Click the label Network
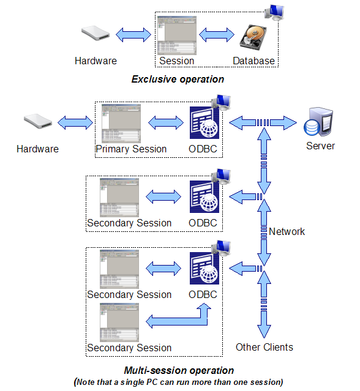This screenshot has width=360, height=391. tap(287, 231)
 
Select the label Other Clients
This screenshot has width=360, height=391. tap(264, 347)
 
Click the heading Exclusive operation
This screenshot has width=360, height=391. tap(178, 79)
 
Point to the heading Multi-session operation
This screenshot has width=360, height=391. tap(179, 370)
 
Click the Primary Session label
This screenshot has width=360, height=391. tap(131, 149)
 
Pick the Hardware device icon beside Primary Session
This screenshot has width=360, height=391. tap(38, 122)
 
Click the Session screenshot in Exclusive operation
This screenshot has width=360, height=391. tap(177, 36)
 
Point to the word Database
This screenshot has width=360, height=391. tap(253, 61)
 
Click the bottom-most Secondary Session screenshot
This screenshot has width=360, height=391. tap(122, 321)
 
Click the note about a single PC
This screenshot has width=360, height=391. tap(179, 382)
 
